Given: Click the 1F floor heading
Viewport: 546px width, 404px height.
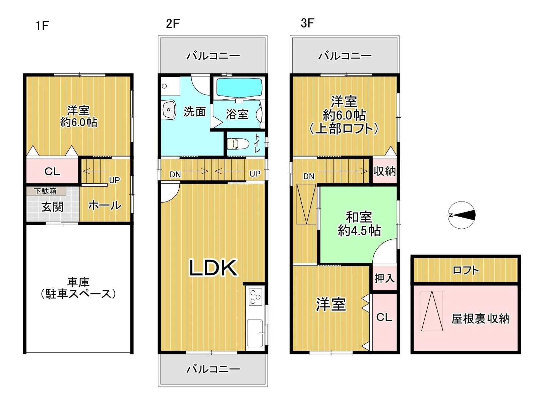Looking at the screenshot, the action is tap(42, 25).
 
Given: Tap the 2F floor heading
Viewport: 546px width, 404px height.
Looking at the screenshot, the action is tap(173, 24).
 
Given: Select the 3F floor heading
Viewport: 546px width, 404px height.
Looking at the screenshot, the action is tap(307, 23).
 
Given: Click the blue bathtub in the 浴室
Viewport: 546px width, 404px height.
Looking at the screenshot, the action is tap(239, 88).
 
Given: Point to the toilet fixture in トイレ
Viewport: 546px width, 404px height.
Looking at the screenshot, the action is tap(238, 143).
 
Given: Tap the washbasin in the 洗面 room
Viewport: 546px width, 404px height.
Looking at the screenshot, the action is tap(169, 110).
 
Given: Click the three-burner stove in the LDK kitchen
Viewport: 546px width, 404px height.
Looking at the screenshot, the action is tap(255, 297).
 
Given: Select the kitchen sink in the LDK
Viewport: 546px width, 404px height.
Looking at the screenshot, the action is tap(255, 333).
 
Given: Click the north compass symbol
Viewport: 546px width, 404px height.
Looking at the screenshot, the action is tap(462, 215).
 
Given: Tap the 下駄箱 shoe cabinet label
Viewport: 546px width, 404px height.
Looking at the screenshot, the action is tap(45, 191).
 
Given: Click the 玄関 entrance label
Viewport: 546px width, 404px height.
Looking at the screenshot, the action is tap(52, 207).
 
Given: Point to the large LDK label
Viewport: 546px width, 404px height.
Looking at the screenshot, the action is tap(213, 268).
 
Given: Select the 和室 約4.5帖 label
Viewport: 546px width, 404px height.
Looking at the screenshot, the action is tap(359, 224).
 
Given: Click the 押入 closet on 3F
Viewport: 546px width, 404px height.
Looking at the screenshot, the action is tap(384, 279).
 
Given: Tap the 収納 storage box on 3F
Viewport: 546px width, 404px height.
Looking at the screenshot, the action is tap(384, 171).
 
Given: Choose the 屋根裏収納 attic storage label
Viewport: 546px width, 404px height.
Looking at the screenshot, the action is tap(480, 319).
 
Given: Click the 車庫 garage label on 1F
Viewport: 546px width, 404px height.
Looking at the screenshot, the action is tap(78, 288).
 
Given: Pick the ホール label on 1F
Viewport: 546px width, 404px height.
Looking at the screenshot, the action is tap(105, 205).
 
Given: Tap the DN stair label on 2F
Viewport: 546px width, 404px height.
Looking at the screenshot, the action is tap(175, 174).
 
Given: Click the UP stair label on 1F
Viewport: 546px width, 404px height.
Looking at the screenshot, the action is tap(115, 180).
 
